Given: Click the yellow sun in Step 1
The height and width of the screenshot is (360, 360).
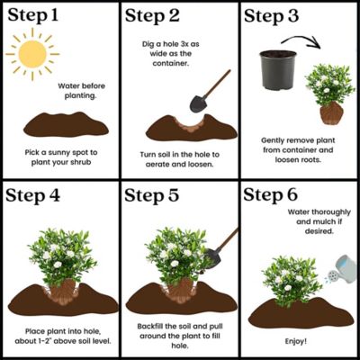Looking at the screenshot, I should [x=32, y=54].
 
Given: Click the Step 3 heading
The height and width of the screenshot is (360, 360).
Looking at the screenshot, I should [x=280, y=16].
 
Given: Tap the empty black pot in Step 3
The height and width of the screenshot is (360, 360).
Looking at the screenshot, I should [x=279, y=70].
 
